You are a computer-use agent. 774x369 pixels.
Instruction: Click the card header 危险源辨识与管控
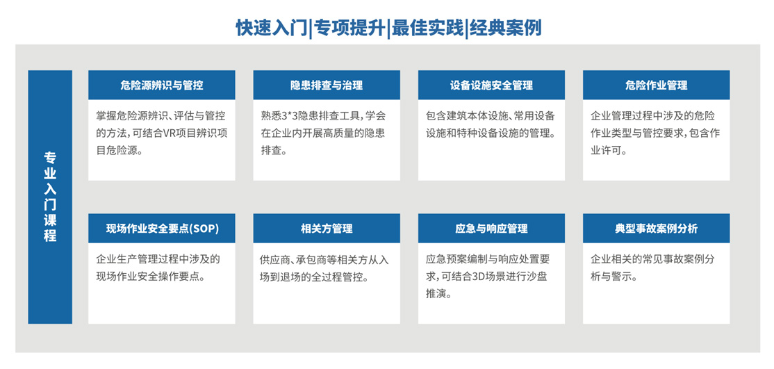161,85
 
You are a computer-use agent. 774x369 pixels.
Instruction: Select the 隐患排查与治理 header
327,85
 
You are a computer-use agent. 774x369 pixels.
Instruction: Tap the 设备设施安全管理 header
491,85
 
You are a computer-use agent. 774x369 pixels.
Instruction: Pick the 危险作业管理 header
656,85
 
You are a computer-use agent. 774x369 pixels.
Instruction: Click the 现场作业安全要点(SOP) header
161,228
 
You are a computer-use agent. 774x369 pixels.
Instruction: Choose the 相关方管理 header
327,228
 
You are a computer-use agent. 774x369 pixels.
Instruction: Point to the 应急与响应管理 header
491,228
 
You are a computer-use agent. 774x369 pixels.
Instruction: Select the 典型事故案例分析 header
656,228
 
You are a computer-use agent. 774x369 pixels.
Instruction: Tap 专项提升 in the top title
349,28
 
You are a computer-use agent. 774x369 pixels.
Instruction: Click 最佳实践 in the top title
427,28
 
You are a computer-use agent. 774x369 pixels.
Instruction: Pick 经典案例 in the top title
506,28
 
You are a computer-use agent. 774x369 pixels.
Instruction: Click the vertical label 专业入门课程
50,197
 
